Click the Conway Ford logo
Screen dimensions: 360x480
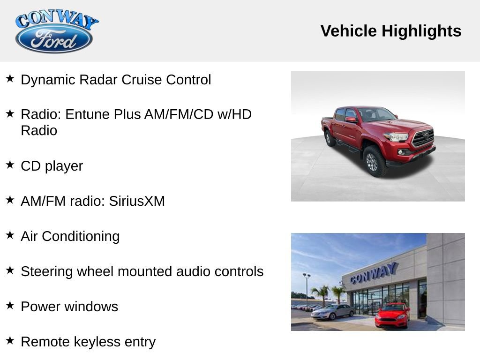pyautogui.click(x=56, y=32)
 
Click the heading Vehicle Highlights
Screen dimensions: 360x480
pyautogui.click(x=391, y=31)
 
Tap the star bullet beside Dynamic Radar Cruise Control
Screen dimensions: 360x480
pyautogui.click(x=10, y=78)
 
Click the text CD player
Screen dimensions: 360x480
pyautogui.click(x=52, y=166)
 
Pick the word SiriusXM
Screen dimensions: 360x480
pyautogui.click(x=137, y=201)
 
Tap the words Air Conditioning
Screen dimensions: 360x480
pyautogui.click(x=70, y=236)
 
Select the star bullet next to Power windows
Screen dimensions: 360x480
pyautogui.click(x=10, y=306)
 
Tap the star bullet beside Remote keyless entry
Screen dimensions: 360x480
pyautogui.click(x=10, y=341)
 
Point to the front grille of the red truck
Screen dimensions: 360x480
pyautogui.click(x=423, y=138)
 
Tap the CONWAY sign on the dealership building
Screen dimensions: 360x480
pyautogui.click(x=374, y=273)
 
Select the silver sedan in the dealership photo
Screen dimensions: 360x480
pyautogui.click(x=333, y=311)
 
